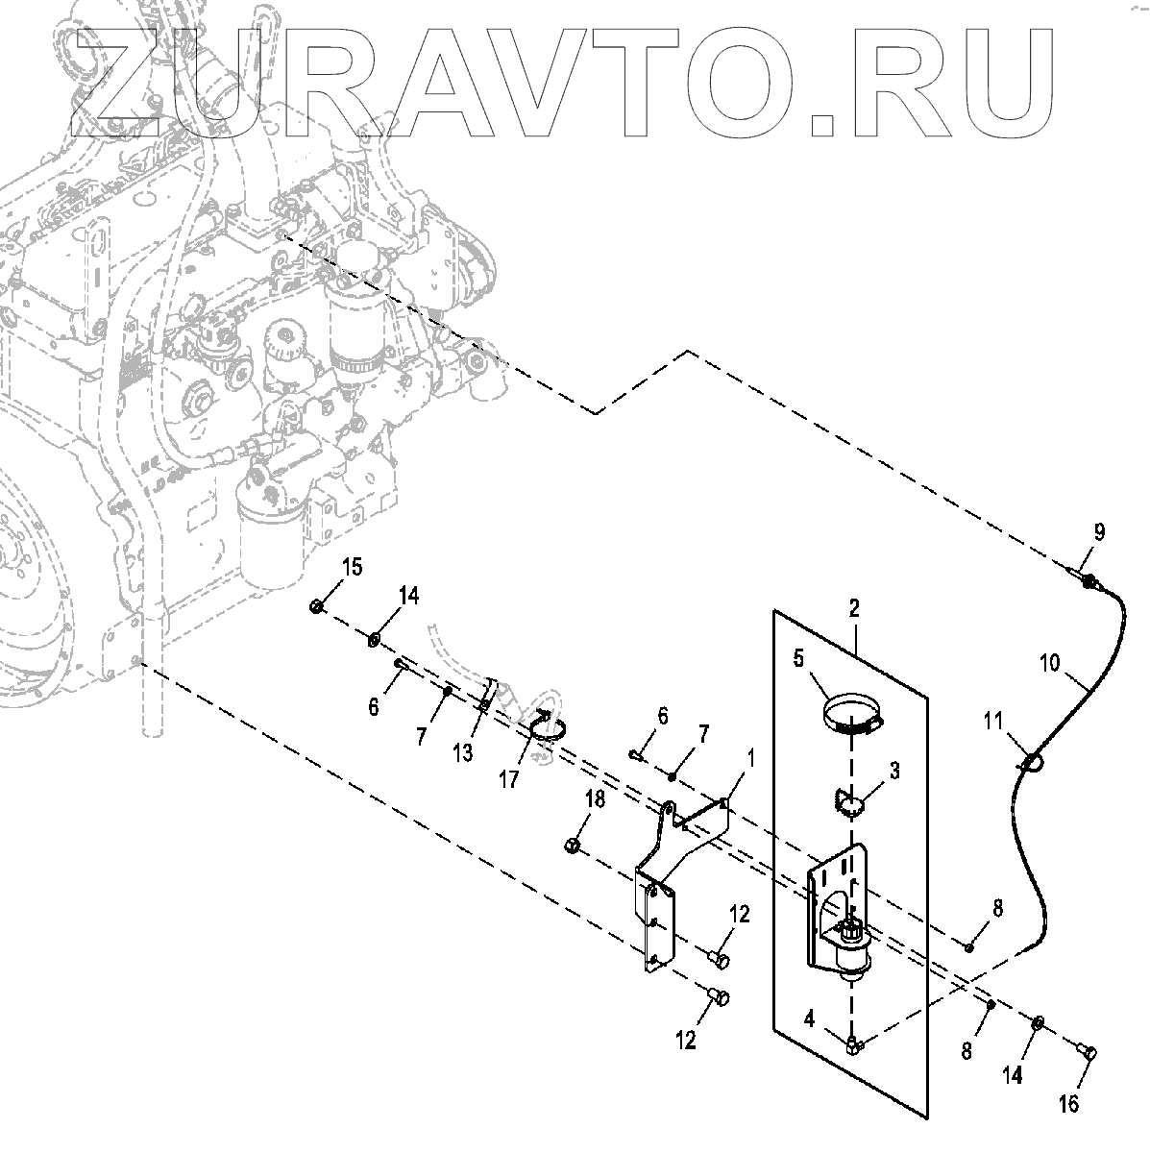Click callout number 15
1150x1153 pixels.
353,567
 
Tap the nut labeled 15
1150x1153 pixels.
316,606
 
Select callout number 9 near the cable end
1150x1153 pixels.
1099,531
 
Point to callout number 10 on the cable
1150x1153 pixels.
1050,662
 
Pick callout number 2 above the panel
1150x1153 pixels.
853,607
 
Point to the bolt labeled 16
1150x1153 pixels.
1089,1051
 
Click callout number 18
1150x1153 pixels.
597,800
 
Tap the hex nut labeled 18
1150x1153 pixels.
570,846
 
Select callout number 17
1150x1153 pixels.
509,777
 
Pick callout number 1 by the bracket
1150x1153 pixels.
750,758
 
